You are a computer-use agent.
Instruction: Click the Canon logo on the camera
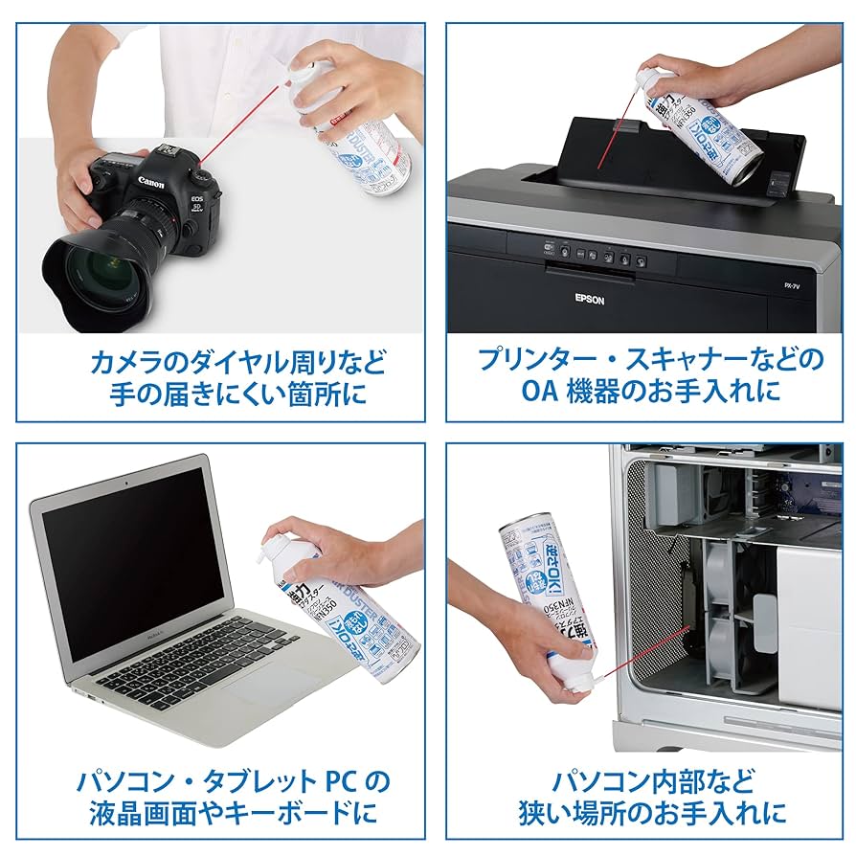point(151,182)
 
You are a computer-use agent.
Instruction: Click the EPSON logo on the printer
point(590,298)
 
